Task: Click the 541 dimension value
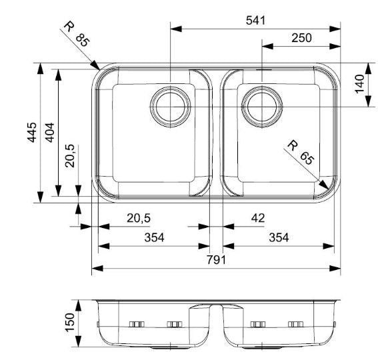click(255, 21)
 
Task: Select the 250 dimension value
click(301, 39)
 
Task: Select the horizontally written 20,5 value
click(139, 218)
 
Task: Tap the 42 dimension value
click(258, 218)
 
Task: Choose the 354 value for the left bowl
click(153, 238)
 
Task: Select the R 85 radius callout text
click(76, 34)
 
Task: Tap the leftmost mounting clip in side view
click(136, 324)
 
